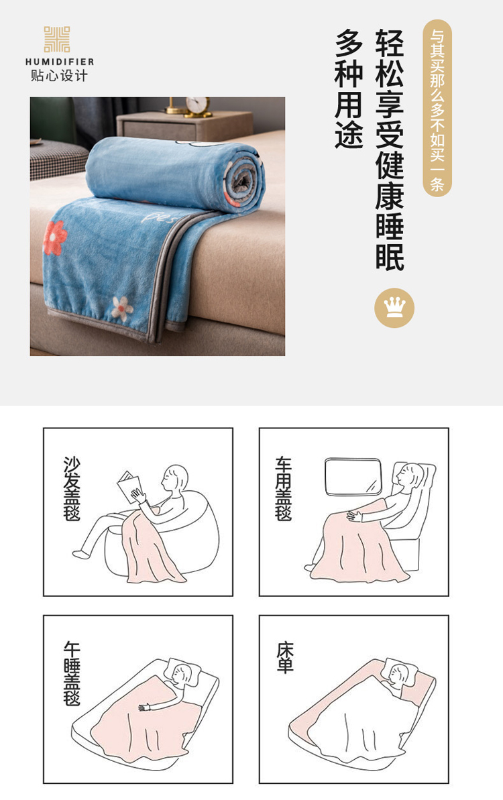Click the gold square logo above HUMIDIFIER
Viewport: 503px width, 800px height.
click(56, 40)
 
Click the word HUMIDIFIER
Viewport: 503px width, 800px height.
click(60, 62)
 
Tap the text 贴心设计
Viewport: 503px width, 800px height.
click(59, 76)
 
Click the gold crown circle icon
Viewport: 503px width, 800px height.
click(394, 308)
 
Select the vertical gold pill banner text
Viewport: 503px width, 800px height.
click(437, 108)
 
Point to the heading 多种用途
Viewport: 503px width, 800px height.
click(349, 89)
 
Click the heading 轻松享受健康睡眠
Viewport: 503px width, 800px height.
click(390, 150)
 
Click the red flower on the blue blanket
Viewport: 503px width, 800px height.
click(55, 238)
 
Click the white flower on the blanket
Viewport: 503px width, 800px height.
click(122, 308)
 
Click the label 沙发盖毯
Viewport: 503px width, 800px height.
click(71, 488)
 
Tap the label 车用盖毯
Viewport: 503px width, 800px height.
click(283, 488)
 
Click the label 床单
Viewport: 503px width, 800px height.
click(285, 658)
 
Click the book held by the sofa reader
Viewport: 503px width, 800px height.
click(129, 487)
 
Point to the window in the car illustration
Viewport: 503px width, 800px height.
click(353, 477)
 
